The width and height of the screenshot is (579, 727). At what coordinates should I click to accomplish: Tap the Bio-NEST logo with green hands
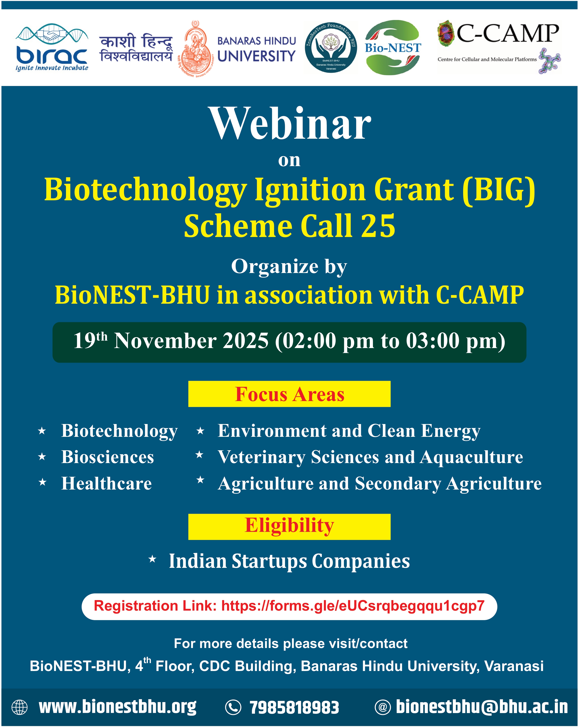393,47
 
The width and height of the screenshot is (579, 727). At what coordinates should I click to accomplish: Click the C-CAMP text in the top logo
507,34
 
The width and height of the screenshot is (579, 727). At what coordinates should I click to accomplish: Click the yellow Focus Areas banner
289,394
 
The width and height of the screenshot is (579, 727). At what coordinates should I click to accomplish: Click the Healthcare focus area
107,484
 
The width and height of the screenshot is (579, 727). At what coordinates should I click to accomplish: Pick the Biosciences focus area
108,457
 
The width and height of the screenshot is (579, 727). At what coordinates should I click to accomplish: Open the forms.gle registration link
353,606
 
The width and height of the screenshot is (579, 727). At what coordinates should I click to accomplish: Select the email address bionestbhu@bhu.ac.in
482,707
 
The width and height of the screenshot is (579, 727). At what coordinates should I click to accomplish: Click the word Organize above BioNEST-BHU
275,266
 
